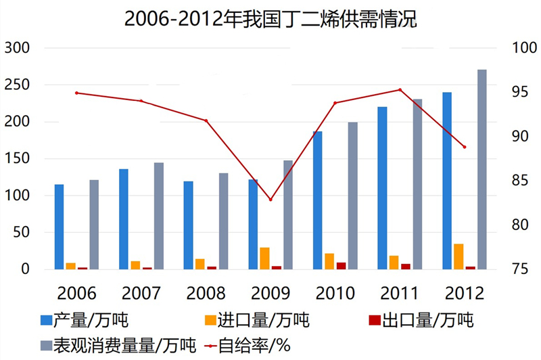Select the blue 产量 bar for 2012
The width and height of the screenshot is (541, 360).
click(448, 181)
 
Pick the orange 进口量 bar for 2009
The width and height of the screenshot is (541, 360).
click(264, 258)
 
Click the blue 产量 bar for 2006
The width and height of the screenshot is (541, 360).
click(60, 227)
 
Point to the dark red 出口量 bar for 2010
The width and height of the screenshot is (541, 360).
click(341, 266)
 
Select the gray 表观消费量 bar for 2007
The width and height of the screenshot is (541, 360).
click(158, 216)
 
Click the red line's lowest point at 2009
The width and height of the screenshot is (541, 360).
click(270, 200)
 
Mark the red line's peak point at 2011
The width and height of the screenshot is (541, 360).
click(400, 89)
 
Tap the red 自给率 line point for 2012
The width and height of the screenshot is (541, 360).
click(465, 147)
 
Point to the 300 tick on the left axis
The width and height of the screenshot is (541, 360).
click(18, 48)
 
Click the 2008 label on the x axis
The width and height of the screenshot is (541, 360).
click(206, 293)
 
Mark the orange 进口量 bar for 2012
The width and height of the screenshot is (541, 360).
click(459, 256)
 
